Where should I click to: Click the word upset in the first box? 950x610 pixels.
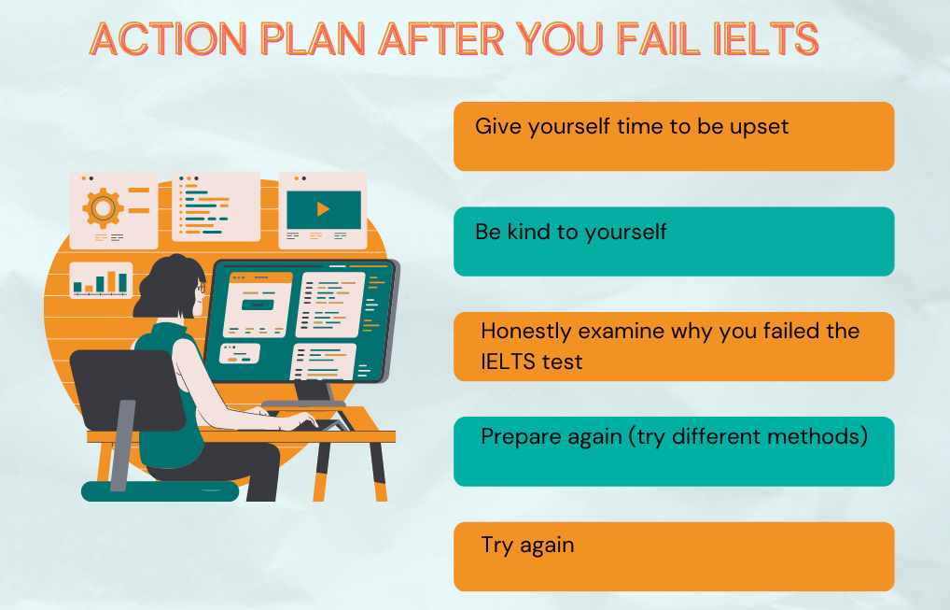759,127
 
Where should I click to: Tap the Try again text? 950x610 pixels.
527,546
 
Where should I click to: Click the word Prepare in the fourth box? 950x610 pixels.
521,437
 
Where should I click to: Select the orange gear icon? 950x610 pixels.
103,208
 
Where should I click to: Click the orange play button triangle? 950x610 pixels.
323,209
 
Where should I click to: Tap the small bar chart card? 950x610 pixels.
101,280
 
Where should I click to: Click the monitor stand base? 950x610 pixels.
303,404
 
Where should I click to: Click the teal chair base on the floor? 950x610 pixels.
160,490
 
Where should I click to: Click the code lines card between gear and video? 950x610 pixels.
217,206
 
